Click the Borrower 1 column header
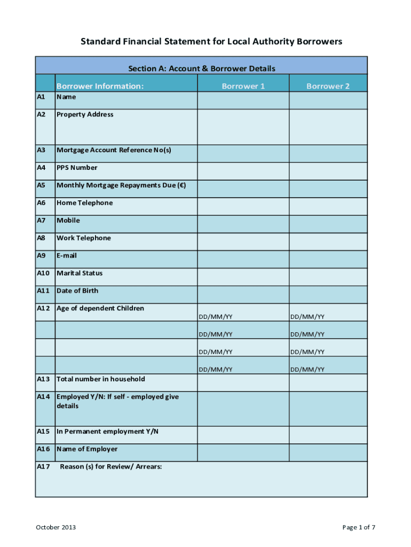point(243,86)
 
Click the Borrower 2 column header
point(328,86)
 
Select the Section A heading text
point(201,68)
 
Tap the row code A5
point(42,185)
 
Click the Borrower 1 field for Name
point(243,100)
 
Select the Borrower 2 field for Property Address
point(328,127)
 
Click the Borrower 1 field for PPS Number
point(243,171)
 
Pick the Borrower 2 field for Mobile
point(328,224)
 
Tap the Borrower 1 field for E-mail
point(243,259)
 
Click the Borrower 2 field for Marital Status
point(328,277)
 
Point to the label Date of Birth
point(77,291)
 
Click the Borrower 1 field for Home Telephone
point(243,206)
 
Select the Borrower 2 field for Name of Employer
point(328,452)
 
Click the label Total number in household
point(100,379)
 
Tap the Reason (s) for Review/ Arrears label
point(110,466)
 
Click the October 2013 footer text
point(56,527)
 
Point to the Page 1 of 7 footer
point(359,527)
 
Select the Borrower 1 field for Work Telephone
point(243,241)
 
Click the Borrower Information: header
point(100,86)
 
